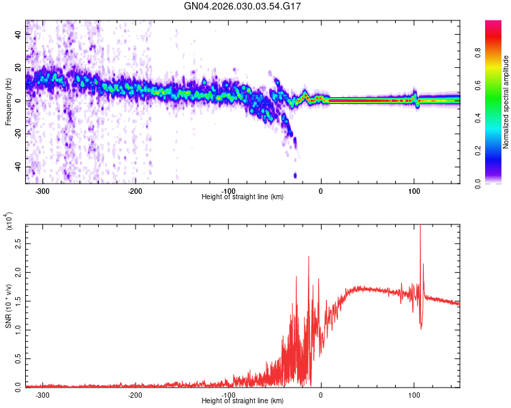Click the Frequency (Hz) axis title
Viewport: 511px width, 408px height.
[x=8, y=103]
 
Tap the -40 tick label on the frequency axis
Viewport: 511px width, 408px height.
[x=17, y=167]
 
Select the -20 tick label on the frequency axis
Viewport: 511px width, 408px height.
[x=17, y=134]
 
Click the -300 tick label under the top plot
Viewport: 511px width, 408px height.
[x=42, y=190]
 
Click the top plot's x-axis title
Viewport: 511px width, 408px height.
[x=243, y=197]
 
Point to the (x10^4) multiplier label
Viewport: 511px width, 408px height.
[x=8, y=222]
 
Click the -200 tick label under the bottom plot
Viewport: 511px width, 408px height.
[x=135, y=394]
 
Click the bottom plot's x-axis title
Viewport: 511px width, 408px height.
[x=243, y=401]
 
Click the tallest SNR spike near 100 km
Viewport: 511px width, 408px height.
[x=420, y=228]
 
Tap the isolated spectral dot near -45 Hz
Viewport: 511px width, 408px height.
[x=295, y=175]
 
